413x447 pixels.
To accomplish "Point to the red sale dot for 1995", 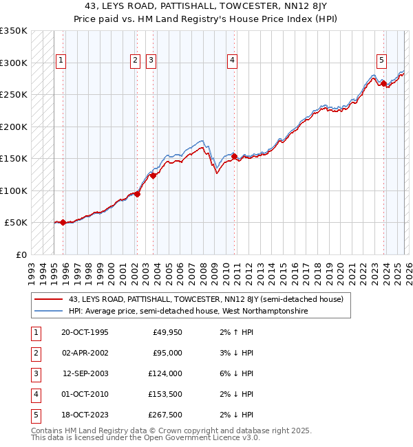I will pos(63,222).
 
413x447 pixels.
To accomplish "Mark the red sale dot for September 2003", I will pos(153,175).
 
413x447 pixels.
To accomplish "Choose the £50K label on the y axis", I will pos(16,223).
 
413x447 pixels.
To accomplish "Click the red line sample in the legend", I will pos(50,299).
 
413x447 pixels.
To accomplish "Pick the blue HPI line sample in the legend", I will pos(50,311).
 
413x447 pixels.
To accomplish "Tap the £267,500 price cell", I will pos(165,415).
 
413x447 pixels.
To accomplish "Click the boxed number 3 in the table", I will pos(34,374).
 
